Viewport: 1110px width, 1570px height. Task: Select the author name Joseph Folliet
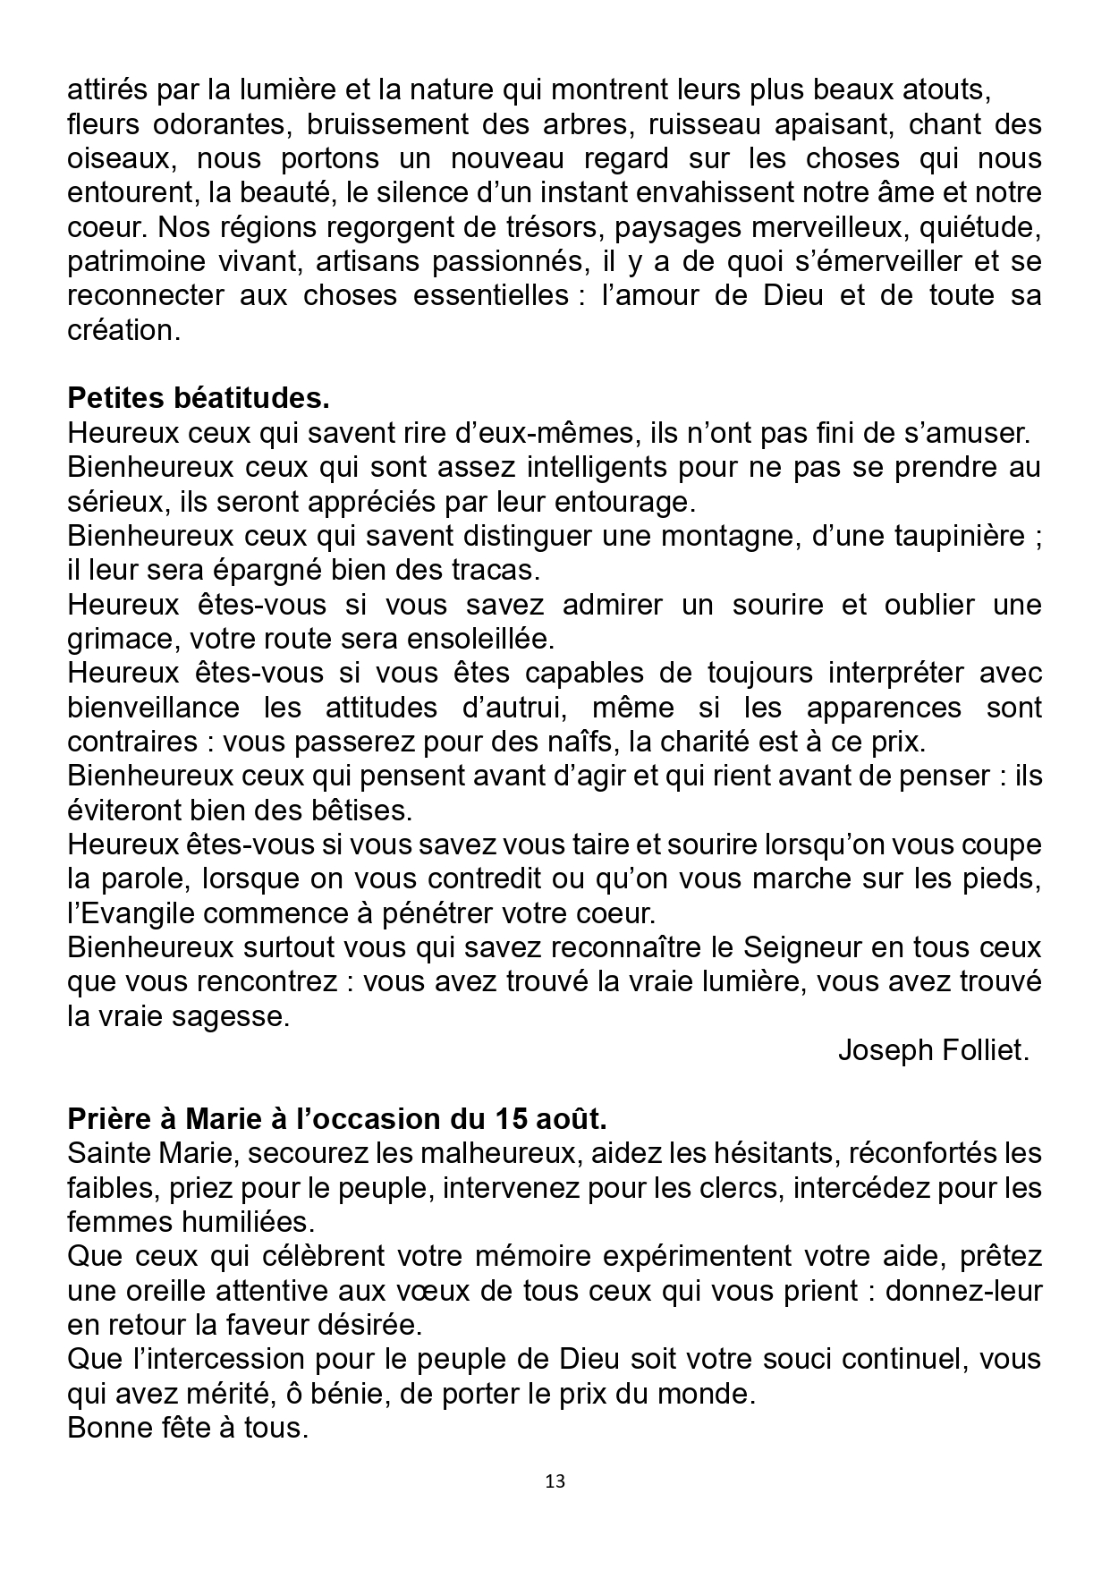[x=933, y=1050]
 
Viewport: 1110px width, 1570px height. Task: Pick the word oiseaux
[x=118, y=158]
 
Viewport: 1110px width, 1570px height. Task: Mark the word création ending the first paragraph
[x=123, y=330]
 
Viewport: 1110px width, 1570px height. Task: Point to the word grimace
[x=120, y=639]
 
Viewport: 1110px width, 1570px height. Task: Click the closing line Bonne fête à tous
[x=188, y=1428]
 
